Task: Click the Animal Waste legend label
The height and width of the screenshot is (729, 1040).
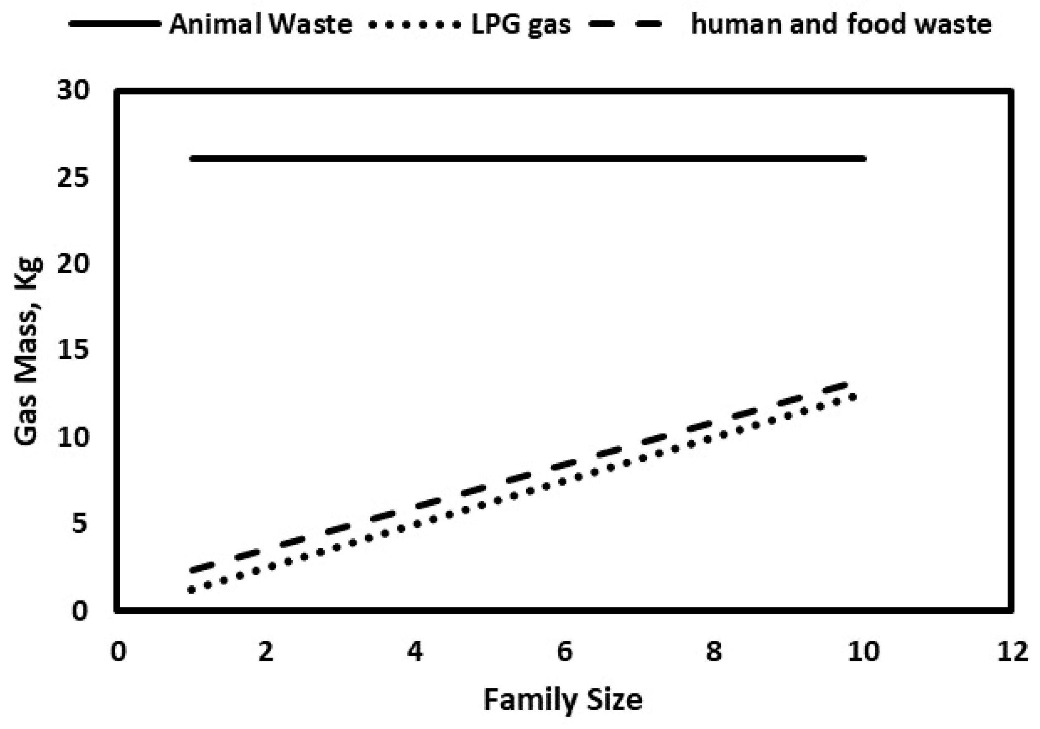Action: (x=260, y=24)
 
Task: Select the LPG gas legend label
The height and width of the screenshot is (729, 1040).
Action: (x=521, y=24)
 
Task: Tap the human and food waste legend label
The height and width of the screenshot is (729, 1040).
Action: (x=841, y=24)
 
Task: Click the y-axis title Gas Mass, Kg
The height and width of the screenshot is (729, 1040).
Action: (x=28, y=351)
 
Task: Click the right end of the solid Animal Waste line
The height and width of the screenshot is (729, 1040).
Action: (x=863, y=159)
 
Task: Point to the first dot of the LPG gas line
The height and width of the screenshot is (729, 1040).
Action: (x=192, y=590)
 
